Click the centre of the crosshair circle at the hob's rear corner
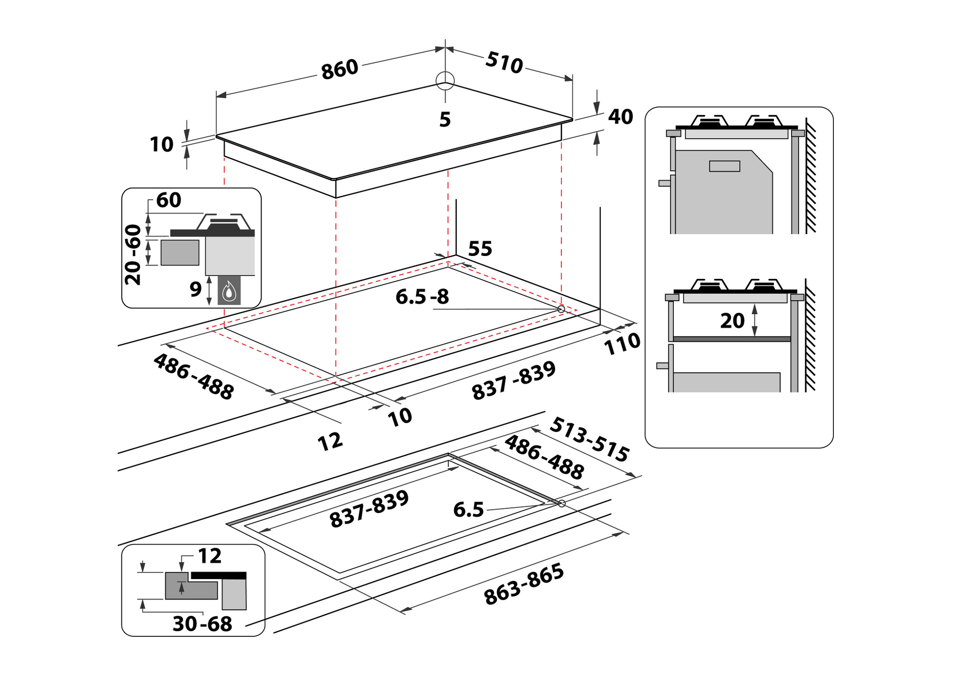tap(445, 80)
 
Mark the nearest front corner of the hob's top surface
tap(335, 179)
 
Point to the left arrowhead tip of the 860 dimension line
tap(217, 96)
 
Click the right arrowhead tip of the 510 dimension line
tap(572, 80)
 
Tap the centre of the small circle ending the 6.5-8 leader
tap(561, 309)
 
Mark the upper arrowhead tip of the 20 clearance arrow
tap(754, 305)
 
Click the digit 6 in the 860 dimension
tap(339, 70)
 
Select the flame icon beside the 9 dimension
tap(229, 290)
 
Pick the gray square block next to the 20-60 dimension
tap(180, 252)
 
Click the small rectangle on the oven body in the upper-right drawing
tap(724, 166)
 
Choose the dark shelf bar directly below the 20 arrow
tap(732, 339)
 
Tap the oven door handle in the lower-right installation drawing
tap(662, 366)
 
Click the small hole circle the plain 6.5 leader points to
tap(561, 503)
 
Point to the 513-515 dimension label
tap(589, 439)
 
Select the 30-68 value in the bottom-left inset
tap(202, 623)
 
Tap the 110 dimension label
tap(622, 343)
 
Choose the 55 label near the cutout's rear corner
tap(480, 249)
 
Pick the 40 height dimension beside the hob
tap(620, 117)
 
